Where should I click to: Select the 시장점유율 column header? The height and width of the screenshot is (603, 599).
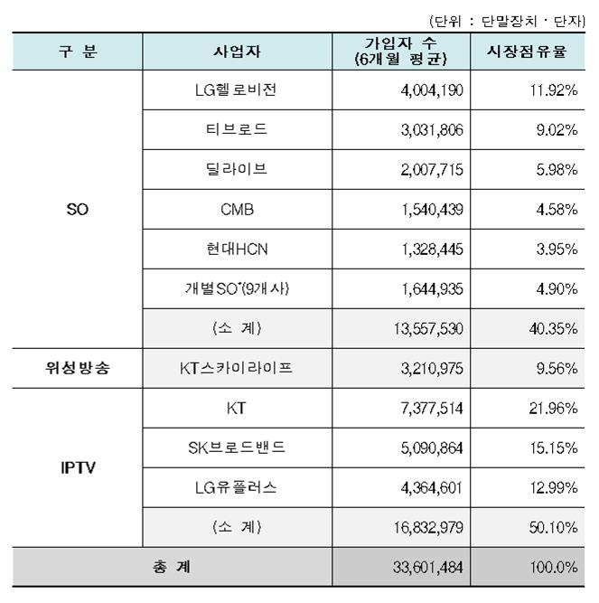tap(527, 52)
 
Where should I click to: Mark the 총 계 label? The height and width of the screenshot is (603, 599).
tap(171, 568)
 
